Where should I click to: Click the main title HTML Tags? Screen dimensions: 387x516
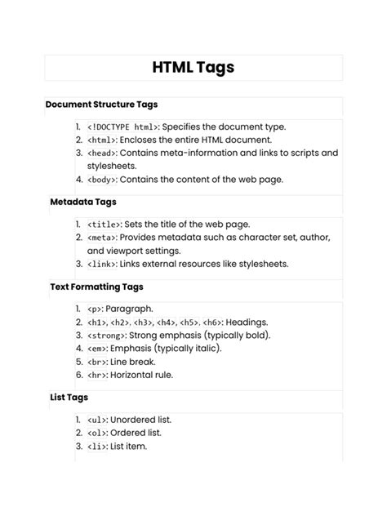point(193,68)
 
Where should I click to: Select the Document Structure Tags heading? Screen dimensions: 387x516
point(101,105)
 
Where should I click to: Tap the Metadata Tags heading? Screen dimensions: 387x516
point(82,201)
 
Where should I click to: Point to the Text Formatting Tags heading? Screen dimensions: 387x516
point(96,287)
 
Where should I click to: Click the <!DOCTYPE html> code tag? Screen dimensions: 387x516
point(123,127)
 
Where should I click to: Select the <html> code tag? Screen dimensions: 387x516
point(101,140)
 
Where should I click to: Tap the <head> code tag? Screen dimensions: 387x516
point(102,153)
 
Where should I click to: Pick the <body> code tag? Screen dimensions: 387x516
point(102,180)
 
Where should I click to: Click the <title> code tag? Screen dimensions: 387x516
point(105,225)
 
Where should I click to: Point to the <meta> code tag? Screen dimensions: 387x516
point(102,238)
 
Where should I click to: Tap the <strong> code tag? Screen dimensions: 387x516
point(107,336)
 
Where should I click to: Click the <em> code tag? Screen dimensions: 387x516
point(97,349)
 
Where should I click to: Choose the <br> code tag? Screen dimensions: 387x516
point(97,362)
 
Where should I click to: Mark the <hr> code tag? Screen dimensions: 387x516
point(97,376)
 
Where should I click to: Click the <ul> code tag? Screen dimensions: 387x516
point(97,420)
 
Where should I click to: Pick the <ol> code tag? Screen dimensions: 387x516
point(97,433)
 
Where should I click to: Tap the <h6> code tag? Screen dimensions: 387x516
point(211,322)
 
